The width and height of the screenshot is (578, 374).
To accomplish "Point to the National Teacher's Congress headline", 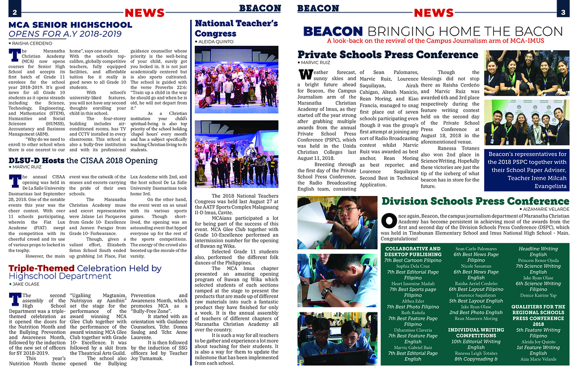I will tap(236, 28).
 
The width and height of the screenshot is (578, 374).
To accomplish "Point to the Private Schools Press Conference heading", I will tap(388, 55).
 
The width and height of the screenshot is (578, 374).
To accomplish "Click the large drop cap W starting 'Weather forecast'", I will tap(305, 75).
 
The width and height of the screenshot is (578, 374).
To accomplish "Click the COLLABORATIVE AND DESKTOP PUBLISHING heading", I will tap(412, 252).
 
